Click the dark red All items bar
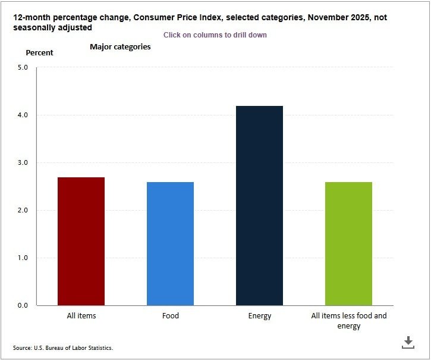[x=81, y=241]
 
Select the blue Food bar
[x=170, y=243]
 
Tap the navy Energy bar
[x=259, y=205]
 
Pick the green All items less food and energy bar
[x=348, y=243]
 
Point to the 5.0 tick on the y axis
[x=23, y=67]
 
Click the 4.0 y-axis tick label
[x=23, y=115]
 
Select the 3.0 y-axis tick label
[x=23, y=162]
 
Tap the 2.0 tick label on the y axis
[x=23, y=210]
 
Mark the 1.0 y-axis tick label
[x=23, y=258]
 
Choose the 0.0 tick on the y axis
[x=23, y=305]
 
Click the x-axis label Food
[x=170, y=316]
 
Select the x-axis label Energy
[x=259, y=316]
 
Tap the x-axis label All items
[x=81, y=316]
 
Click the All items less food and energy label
[x=348, y=321]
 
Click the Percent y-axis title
[x=39, y=52]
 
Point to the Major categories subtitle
[x=120, y=46]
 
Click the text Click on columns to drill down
[x=215, y=35]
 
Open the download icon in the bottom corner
[x=408, y=342]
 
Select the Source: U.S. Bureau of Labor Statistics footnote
[x=62, y=348]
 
